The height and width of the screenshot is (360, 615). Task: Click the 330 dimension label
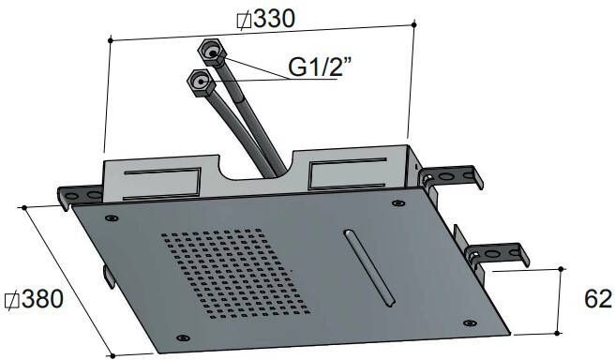tap(274, 19)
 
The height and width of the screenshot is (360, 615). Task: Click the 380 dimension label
tap(42, 299)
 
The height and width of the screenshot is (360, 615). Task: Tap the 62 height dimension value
tap(598, 299)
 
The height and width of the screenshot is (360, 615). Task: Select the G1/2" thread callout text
tap(319, 67)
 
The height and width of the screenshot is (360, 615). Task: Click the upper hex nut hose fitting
tap(212, 52)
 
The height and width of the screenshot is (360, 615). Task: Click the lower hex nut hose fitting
tap(201, 82)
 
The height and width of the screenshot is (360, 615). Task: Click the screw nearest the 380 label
tap(112, 218)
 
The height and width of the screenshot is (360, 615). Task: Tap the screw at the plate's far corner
tap(398, 203)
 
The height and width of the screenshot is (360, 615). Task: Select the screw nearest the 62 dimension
tap(470, 323)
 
